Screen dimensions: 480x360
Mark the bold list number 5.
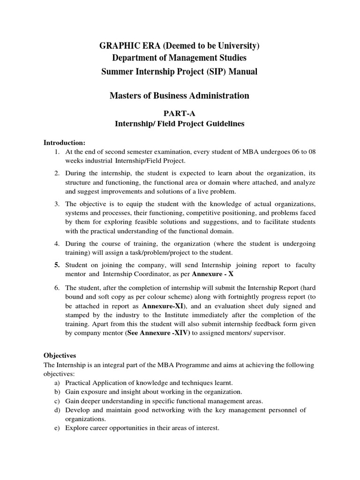point(56,265)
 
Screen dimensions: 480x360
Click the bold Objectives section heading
point(60,356)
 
